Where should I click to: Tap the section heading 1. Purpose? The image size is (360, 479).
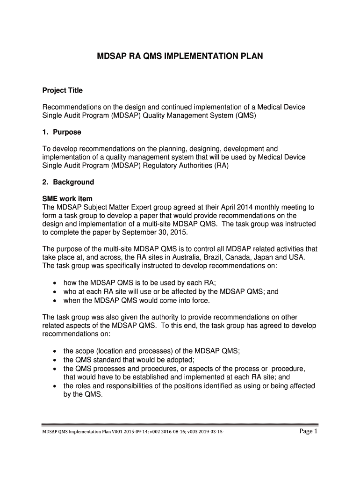click(x=62, y=132)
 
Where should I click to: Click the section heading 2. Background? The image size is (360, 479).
click(x=68, y=182)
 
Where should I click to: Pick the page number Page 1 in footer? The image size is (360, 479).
click(x=308, y=431)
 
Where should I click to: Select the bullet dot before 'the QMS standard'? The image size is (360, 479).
click(x=56, y=360)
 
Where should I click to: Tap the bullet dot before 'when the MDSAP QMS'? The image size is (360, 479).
click(x=56, y=300)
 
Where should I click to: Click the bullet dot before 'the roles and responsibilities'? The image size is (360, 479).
click(x=56, y=386)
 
